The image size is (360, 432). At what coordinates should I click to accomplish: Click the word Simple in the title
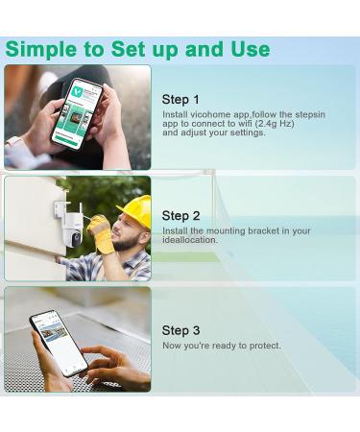tap(41, 50)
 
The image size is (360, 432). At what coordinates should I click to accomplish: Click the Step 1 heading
tap(180, 100)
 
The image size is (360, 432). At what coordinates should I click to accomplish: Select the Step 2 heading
tap(180, 216)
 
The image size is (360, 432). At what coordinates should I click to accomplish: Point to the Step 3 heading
tap(180, 330)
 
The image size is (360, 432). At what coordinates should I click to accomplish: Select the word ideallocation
tap(190, 240)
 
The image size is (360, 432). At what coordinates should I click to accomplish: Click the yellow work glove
tap(101, 233)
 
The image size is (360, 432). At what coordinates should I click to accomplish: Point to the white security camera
tap(70, 228)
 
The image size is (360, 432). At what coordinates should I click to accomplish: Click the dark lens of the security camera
tap(76, 239)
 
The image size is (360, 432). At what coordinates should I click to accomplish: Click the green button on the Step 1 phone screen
tap(67, 140)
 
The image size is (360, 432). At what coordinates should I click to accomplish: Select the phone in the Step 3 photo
tap(59, 343)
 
